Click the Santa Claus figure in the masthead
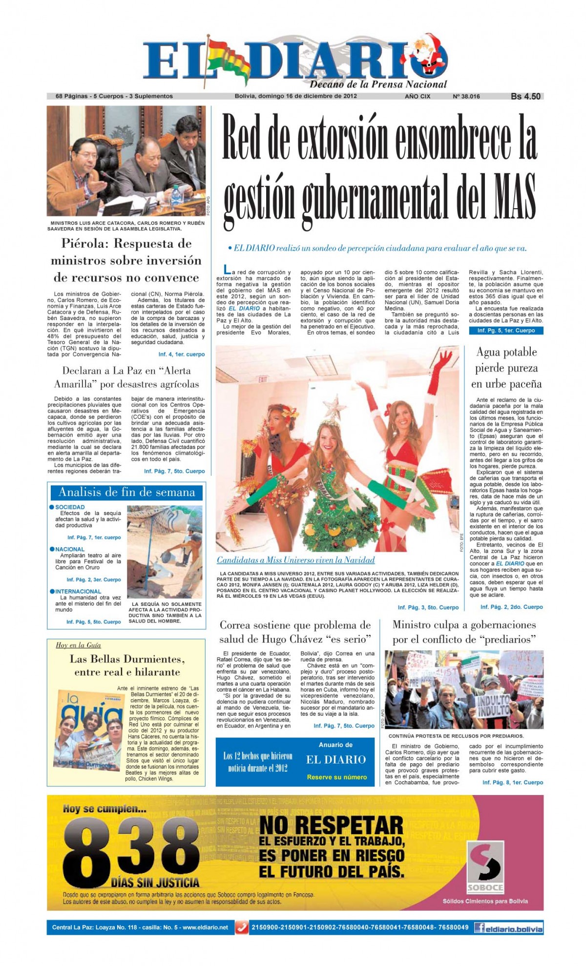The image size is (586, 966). tap(430, 56)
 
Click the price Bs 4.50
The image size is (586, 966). tap(525, 96)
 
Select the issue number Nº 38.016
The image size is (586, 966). tap(466, 96)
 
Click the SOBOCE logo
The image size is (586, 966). tap(484, 867)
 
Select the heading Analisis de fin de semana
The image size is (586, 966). tap(126, 493)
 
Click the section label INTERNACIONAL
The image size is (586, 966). tap(78, 591)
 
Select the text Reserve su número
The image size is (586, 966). tap(336, 777)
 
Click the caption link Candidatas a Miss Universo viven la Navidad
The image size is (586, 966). tap(295, 560)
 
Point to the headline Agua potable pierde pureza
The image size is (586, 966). tap(506, 367)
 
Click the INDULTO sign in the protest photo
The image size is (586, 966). tap(494, 704)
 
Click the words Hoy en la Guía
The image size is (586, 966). tap(78, 645)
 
